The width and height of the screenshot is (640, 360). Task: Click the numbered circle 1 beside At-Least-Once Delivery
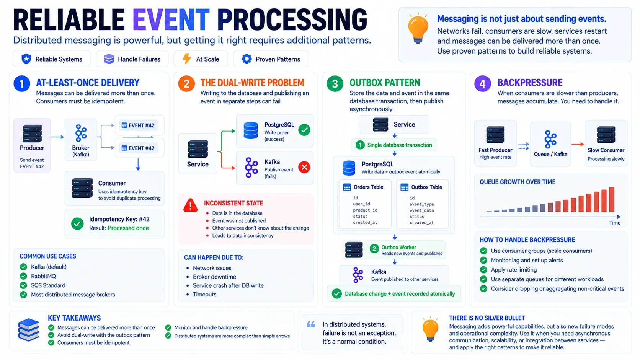pos(22,84)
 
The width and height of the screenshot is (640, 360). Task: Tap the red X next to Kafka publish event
pos(304,167)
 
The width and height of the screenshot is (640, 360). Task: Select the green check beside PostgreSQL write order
pos(304,130)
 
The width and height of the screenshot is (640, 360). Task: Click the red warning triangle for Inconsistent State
pos(190,205)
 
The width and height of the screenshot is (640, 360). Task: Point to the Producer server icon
pos(32,133)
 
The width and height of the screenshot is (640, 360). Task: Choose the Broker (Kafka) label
pos(80,151)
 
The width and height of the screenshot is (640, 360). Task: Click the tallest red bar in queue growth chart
pos(612,200)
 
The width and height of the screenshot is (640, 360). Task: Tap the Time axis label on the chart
pos(615,223)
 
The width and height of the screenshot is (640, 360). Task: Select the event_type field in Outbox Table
pos(422,204)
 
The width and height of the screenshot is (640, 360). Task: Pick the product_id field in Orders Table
pos(365,210)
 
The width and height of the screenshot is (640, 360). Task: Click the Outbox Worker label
pos(398,247)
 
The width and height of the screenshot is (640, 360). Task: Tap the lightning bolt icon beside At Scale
pos(187,59)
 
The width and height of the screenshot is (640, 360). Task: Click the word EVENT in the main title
pos(171,20)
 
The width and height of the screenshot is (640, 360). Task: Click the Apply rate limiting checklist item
pos(514,270)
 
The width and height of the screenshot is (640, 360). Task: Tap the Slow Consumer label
pos(606,150)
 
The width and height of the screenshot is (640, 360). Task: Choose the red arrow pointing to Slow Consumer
pos(578,144)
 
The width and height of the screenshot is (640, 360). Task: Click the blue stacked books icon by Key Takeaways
pos(29,330)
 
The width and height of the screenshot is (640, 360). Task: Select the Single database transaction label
pos(400,145)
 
